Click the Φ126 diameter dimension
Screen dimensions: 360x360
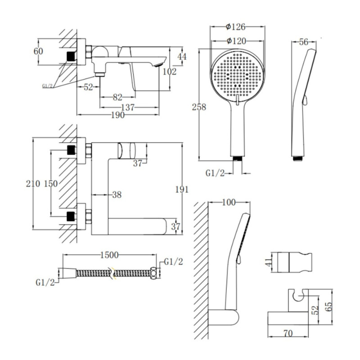(x=235, y=27)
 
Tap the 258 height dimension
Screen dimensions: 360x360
(x=199, y=107)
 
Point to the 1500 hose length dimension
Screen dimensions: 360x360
(x=109, y=255)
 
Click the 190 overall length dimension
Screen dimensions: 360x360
(x=118, y=115)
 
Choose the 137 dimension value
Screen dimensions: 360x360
(x=128, y=108)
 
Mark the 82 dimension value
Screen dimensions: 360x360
(x=117, y=97)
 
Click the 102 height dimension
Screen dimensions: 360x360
(x=170, y=72)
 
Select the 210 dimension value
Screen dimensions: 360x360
(x=33, y=184)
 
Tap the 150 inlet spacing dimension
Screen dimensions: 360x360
(x=50, y=184)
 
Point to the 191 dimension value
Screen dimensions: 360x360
(x=182, y=189)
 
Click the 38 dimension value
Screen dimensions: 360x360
(x=117, y=195)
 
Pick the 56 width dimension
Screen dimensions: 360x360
(x=304, y=42)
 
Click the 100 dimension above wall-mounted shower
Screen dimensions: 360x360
(x=229, y=202)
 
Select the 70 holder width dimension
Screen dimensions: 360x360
(x=288, y=333)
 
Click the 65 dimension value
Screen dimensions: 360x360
(x=329, y=306)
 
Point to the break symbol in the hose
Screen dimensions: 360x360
(x=112, y=273)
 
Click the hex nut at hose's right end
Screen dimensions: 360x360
(x=153, y=273)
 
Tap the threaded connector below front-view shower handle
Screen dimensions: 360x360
(x=238, y=159)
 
